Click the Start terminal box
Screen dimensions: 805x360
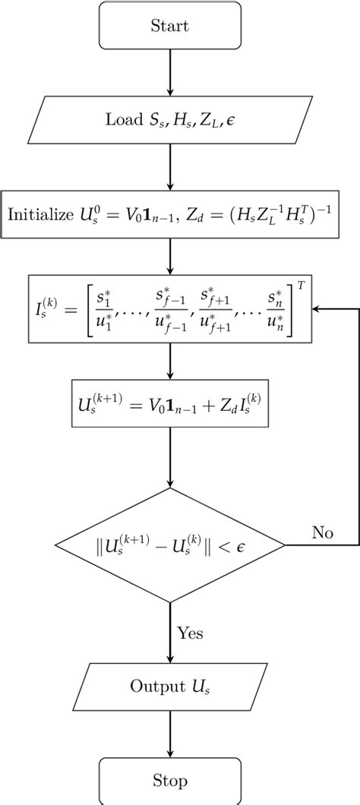coord(169,27)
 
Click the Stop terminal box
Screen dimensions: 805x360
coord(169,780)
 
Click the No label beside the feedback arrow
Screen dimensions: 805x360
coord(321,532)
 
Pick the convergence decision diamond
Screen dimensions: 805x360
coord(169,545)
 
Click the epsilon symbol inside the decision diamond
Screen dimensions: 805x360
coord(264,545)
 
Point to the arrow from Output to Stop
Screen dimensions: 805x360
coord(169,734)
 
